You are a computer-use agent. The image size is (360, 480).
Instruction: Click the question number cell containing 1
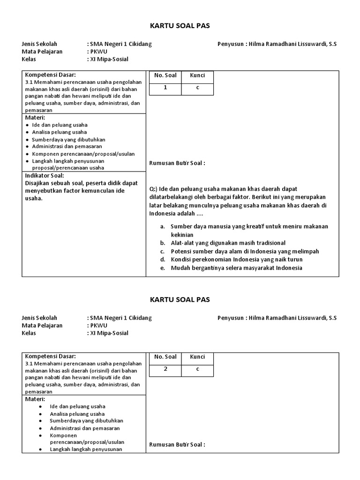pos(165,88)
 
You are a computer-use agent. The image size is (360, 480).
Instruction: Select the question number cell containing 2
pos(165,369)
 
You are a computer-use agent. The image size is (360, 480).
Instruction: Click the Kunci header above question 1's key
pos(197,75)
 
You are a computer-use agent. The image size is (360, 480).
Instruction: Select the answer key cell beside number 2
pos(197,369)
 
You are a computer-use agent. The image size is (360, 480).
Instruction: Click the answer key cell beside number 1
pos(197,88)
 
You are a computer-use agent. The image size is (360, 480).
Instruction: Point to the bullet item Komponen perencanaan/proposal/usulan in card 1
pos(83,154)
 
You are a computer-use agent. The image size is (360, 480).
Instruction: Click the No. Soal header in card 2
pos(165,357)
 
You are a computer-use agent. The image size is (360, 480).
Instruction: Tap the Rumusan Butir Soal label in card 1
pos(177,163)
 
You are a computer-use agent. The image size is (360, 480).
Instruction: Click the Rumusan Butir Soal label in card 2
pos(177,444)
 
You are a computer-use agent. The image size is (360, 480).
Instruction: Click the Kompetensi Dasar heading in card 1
pos(50,75)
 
